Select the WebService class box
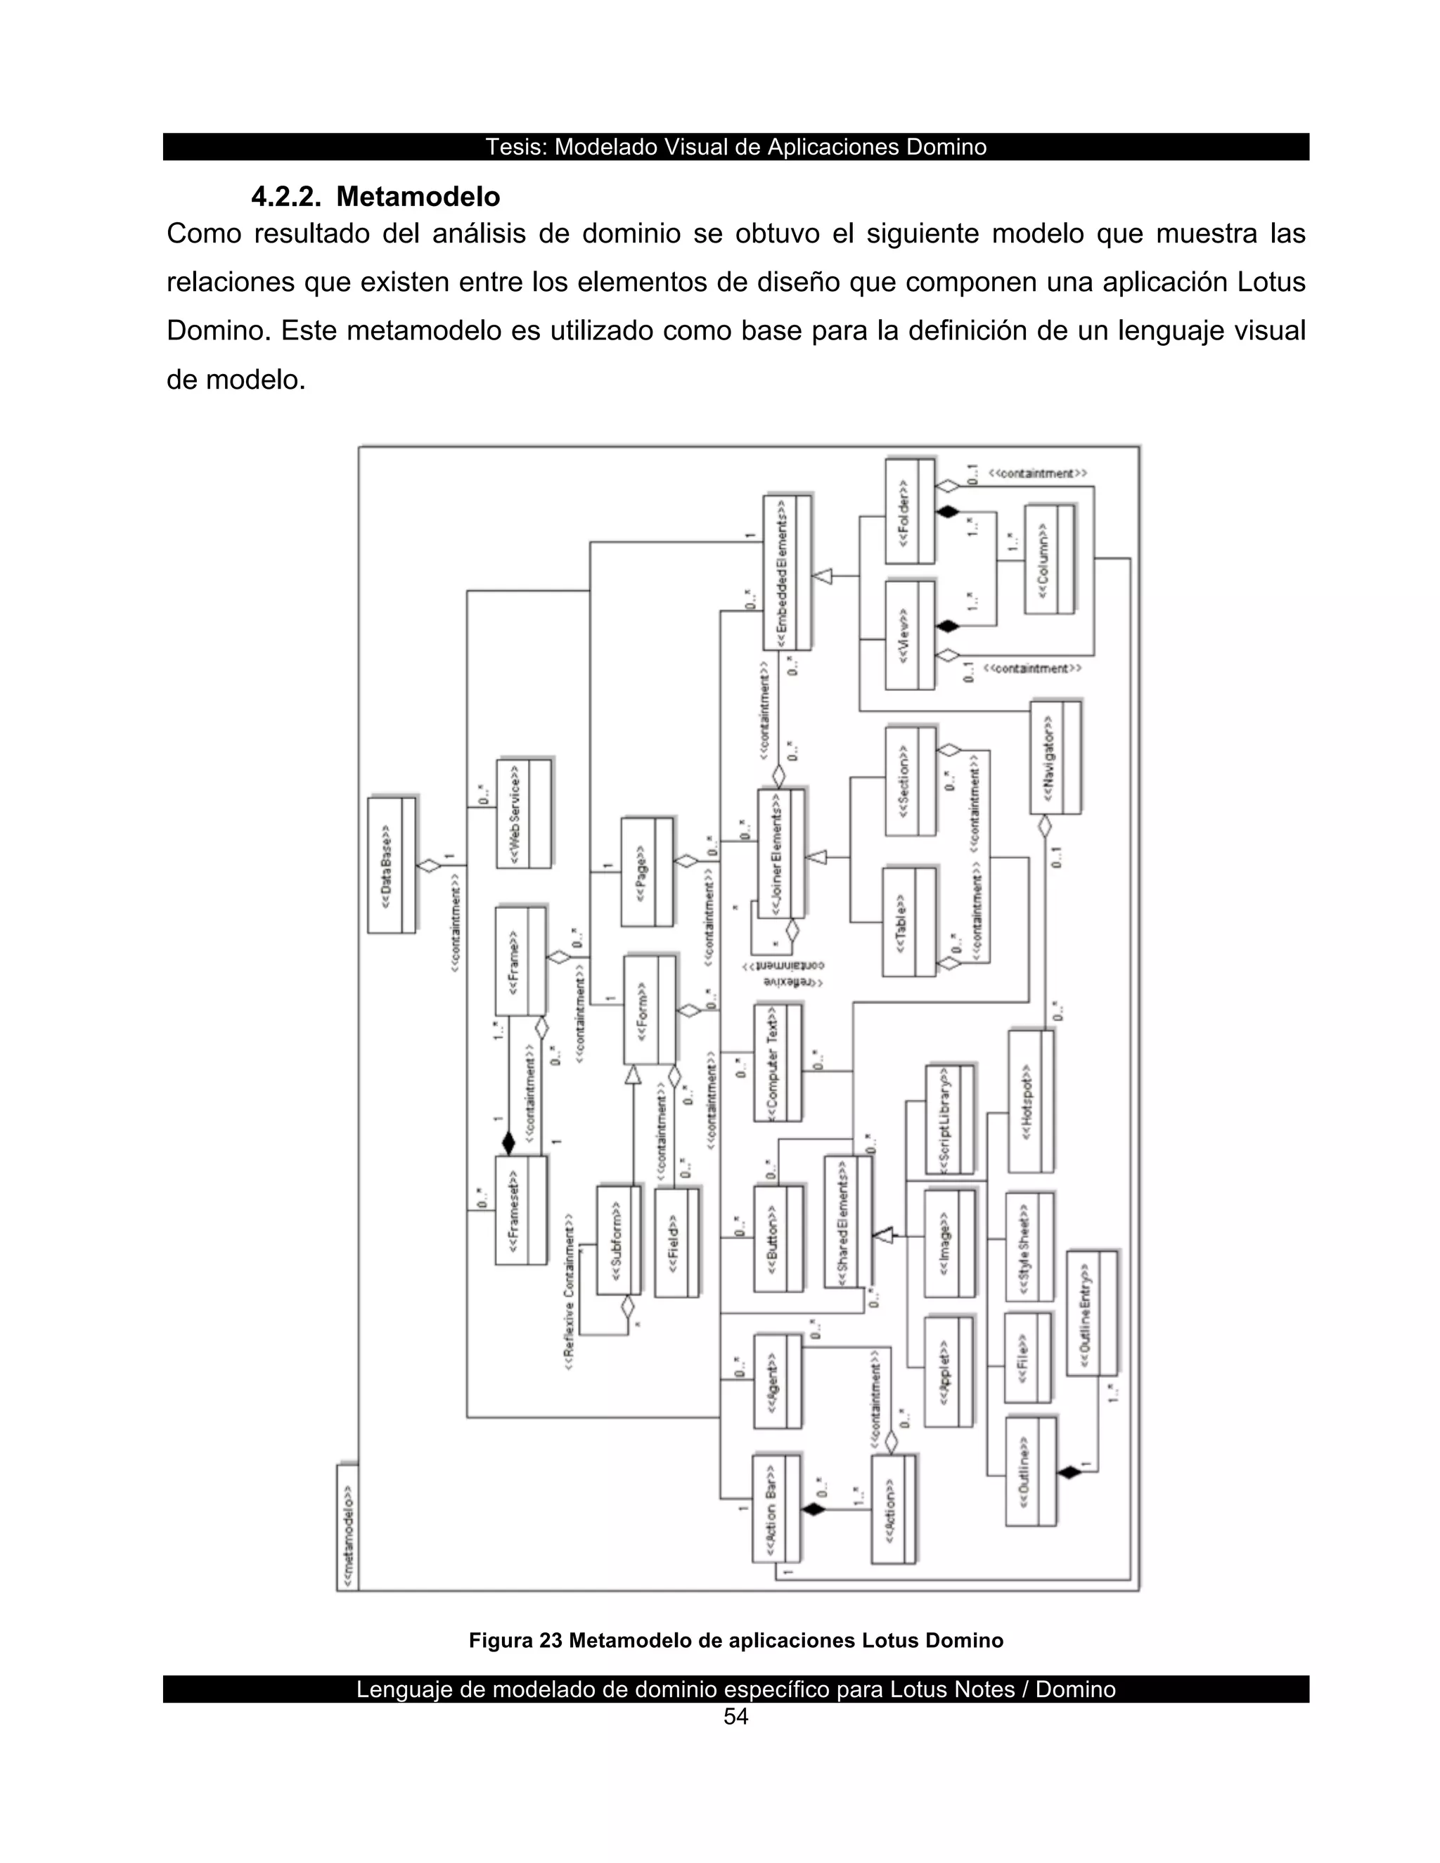point(524,813)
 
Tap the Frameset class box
point(520,1210)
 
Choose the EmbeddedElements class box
point(787,572)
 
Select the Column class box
point(1048,559)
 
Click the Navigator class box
point(1055,757)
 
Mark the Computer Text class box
point(777,1062)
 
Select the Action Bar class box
point(776,1508)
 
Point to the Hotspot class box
point(1031,1101)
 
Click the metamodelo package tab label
point(347,1526)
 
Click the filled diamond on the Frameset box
point(508,1143)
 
